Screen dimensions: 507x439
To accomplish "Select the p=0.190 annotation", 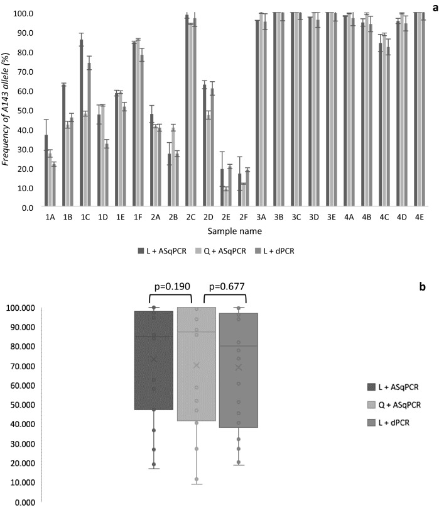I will (169, 284).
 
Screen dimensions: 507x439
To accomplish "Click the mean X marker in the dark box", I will (153, 359).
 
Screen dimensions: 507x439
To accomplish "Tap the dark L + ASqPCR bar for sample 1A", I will (46, 170).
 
